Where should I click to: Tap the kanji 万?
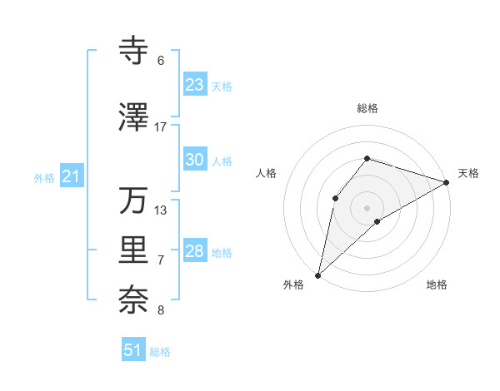point(133,200)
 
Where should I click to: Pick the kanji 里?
point(134,250)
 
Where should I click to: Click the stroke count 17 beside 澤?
point(161,126)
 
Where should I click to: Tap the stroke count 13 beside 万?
point(161,210)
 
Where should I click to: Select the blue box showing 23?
point(195,85)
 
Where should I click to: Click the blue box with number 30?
point(195,160)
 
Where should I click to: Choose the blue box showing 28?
point(195,251)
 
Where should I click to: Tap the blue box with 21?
point(71,176)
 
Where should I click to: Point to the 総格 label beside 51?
point(160,352)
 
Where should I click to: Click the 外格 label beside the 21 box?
point(44,178)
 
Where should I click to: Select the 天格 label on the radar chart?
point(468,173)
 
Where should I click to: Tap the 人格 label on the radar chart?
point(266,173)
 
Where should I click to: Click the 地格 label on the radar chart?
point(437,285)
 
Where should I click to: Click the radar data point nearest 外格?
point(317,275)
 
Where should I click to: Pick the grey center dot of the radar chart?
point(367,207)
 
